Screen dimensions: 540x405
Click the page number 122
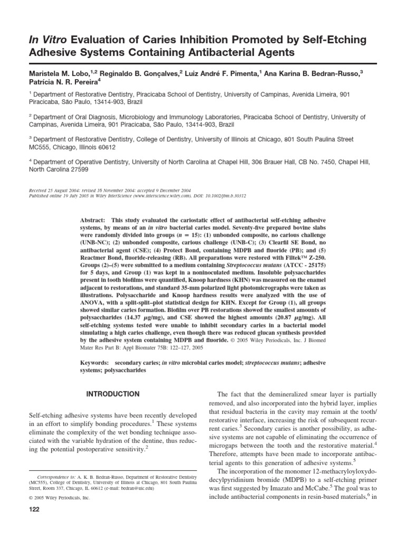[x=32, y=509]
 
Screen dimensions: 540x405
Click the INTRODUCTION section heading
[x=113, y=394]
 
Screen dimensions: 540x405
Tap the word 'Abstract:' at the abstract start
[x=92, y=219]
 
